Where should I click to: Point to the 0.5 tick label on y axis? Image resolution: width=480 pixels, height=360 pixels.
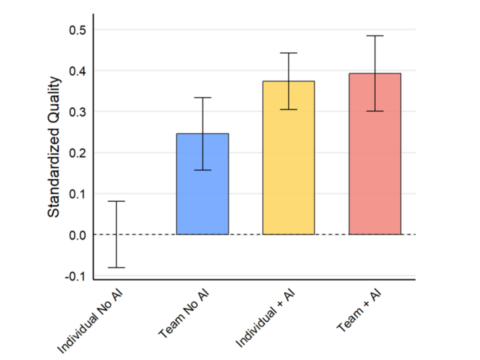[77, 30]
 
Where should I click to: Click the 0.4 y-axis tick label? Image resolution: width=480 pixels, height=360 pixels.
[77, 71]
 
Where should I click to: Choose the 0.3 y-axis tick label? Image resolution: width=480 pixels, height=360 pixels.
[77, 112]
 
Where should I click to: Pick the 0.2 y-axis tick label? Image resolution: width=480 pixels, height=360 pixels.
[77, 153]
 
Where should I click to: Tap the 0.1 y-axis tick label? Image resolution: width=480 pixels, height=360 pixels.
[77, 194]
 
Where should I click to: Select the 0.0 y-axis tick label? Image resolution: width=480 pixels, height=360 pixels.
[77, 236]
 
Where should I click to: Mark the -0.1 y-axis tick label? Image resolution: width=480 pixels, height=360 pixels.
[75, 277]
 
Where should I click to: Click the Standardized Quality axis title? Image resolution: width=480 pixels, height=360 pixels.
[54, 147]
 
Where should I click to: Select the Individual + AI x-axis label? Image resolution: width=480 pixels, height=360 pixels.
[265, 319]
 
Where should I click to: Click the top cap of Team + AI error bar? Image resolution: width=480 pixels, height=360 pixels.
[375, 36]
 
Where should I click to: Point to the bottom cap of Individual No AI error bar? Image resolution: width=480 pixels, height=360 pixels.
[116, 267]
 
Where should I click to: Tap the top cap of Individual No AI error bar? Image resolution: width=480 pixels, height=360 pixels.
[116, 201]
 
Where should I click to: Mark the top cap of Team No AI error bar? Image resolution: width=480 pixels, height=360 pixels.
[203, 98]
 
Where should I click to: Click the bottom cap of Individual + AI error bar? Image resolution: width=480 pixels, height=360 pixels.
[288, 109]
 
